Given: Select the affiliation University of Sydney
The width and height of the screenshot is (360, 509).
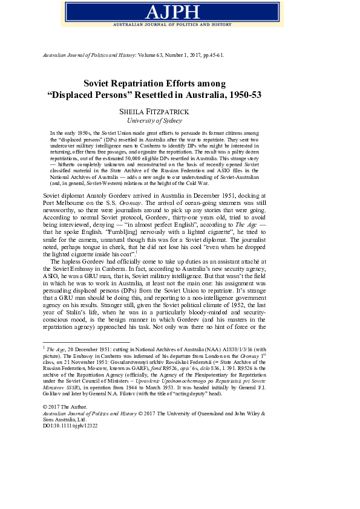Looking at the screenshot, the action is (x=180, y=120).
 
